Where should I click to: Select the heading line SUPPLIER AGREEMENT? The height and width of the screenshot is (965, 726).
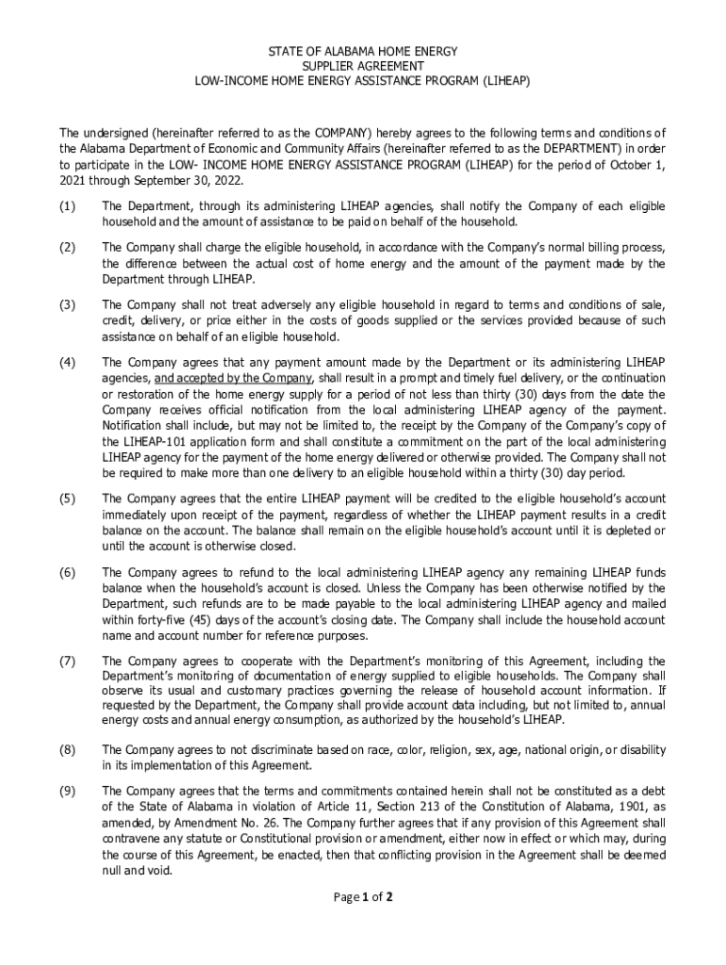[x=363, y=66]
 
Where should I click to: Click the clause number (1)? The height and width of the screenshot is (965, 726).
[x=67, y=205]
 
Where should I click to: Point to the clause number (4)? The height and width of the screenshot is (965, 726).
[x=67, y=362]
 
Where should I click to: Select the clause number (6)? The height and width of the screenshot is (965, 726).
[x=67, y=573]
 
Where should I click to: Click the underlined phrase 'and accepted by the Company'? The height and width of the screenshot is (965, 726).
[x=224, y=378]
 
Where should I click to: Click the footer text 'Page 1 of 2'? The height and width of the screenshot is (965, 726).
[x=363, y=897]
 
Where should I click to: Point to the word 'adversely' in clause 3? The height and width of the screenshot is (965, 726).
[x=253, y=304]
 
